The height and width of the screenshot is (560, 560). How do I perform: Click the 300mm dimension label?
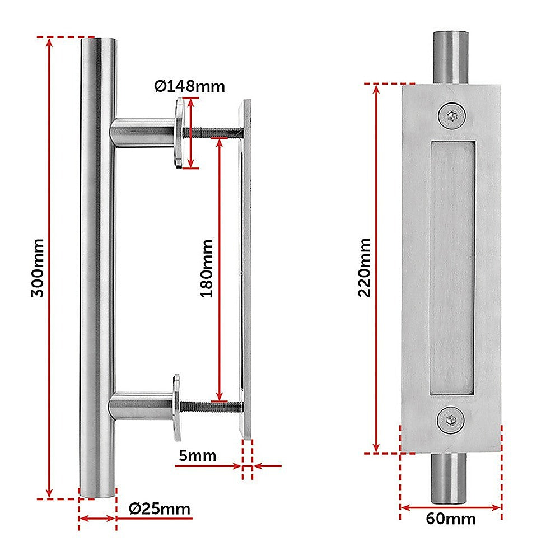(38, 268)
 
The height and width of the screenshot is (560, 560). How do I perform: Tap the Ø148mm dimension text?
(189, 86)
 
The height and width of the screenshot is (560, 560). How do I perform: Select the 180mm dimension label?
(207, 268)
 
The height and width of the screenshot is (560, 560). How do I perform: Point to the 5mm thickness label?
(197, 455)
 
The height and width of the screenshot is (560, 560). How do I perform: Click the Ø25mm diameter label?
(159, 509)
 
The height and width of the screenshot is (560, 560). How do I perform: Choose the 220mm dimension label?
(365, 268)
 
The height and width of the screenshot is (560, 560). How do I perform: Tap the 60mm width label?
(450, 519)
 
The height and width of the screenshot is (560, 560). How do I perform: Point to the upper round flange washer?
(179, 133)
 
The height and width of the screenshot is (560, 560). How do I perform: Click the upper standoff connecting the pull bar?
(143, 133)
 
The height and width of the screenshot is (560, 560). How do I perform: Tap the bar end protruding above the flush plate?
(451, 57)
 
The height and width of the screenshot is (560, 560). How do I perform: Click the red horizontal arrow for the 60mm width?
(451, 507)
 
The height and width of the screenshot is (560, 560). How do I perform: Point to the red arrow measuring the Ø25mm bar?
(97, 519)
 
